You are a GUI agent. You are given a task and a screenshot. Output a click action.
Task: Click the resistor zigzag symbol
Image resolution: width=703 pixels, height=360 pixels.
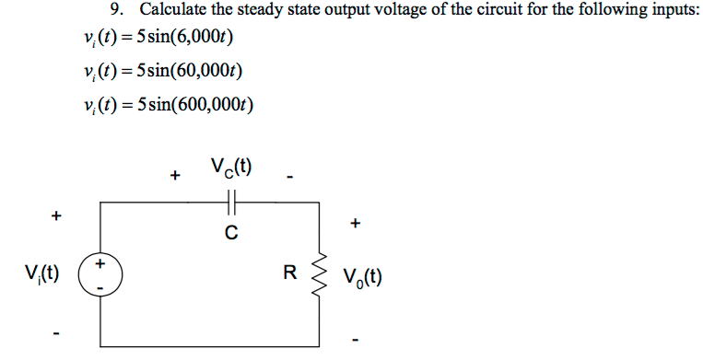coord(322,273)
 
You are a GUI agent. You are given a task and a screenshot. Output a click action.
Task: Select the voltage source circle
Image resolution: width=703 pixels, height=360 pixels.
coord(100,274)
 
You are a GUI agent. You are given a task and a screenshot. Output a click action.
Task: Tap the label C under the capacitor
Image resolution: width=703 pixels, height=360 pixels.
coord(231,234)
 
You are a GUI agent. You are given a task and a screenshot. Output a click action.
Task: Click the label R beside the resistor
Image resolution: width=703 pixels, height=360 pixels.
coord(289,273)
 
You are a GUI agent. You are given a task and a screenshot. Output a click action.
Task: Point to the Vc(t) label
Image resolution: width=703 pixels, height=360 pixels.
coord(231,168)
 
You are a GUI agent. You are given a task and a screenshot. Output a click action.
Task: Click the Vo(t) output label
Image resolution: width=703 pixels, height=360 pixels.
coord(361,275)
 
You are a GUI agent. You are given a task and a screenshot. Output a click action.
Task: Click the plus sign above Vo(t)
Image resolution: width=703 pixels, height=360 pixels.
coord(356,223)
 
